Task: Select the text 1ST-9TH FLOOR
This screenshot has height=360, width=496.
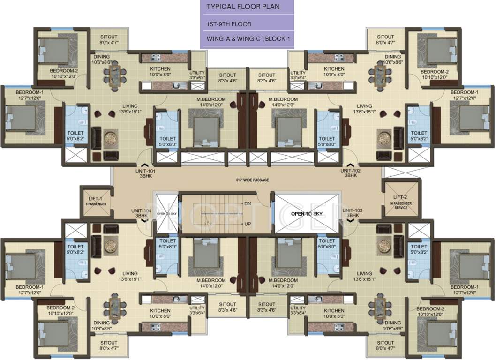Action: point(229,24)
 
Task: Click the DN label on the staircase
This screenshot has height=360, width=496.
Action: point(248,203)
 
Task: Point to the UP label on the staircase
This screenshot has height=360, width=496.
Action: point(247,224)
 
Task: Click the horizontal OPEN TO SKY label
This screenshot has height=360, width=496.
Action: point(305,213)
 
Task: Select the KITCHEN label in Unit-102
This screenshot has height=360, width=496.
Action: point(334,69)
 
